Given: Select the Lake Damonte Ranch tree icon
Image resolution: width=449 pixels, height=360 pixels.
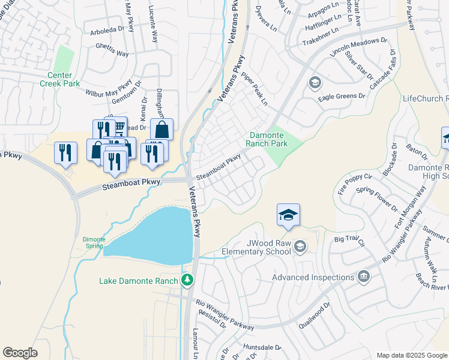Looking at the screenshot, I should coord(187,280).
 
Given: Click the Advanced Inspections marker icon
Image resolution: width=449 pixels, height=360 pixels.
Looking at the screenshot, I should coord(363,277).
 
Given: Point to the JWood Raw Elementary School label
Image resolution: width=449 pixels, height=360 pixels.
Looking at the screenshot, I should coord(257,247).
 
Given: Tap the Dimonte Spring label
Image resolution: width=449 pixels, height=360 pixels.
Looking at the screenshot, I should coord(94,242).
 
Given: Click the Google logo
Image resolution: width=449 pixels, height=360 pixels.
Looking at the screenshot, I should coord(20,353).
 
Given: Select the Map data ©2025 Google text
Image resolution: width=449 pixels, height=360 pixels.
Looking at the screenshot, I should coord(411,355).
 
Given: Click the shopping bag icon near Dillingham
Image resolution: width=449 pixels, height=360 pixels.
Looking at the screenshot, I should coord(161,130).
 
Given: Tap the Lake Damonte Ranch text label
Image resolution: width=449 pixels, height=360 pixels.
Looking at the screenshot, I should coord(139,281).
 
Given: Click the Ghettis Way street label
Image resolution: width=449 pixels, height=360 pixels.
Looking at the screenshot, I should coord(109,53).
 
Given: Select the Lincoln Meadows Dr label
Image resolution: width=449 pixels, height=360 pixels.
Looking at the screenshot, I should coord(359,49).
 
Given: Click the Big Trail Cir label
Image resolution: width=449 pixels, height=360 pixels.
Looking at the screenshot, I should coord(349,241).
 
